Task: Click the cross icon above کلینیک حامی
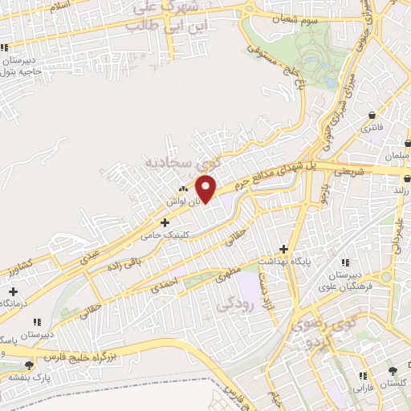point(165,222)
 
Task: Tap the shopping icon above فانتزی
point(372,115)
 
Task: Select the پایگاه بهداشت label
point(286,262)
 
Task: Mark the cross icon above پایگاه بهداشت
point(283,249)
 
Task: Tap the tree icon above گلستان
point(392,370)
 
